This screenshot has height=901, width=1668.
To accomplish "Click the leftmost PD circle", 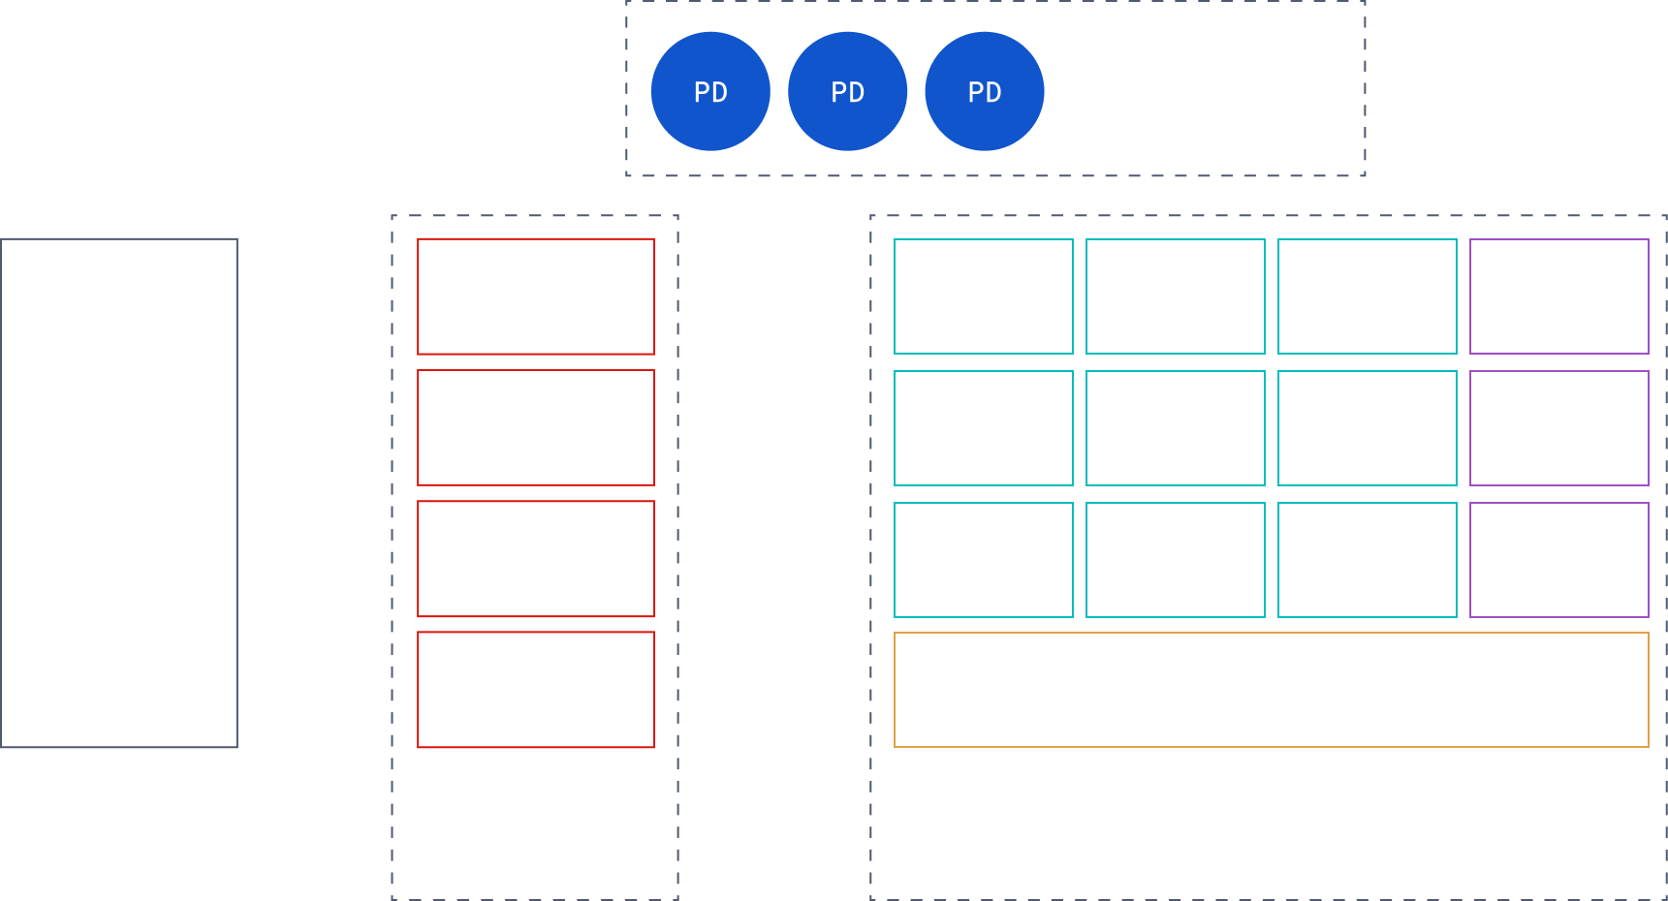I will coord(710,92).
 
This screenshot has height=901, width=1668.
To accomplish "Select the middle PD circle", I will coord(848,92).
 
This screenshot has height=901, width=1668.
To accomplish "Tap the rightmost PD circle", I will coord(985,92).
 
